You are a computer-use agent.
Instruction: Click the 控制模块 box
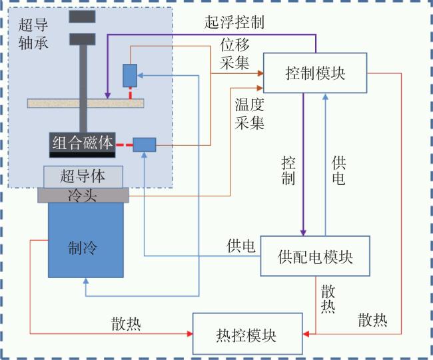point(315,73)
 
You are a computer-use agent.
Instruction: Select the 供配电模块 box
point(315,256)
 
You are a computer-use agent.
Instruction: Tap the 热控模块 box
point(247,333)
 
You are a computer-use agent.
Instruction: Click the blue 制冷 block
point(86,240)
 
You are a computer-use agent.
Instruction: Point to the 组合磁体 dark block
point(83,145)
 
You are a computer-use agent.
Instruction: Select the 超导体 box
point(83,176)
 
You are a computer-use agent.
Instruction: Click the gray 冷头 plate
point(83,195)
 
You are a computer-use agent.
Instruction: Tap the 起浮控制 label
point(234,22)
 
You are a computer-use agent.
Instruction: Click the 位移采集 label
point(234,54)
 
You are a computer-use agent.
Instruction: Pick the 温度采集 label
point(249,114)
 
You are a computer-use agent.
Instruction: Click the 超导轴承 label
point(33,34)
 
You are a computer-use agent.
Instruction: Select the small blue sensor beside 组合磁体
point(145,145)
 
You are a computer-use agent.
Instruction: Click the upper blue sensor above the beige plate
point(130,76)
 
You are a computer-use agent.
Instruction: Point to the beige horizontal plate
point(86,103)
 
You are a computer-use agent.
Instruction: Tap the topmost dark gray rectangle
point(83,17)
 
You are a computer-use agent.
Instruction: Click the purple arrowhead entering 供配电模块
point(303,232)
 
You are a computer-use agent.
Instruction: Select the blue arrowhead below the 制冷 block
point(86,281)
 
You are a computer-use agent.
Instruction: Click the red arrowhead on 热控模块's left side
point(190,334)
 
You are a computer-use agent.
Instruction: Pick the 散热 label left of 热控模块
point(126,323)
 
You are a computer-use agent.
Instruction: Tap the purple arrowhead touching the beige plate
point(108,95)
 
